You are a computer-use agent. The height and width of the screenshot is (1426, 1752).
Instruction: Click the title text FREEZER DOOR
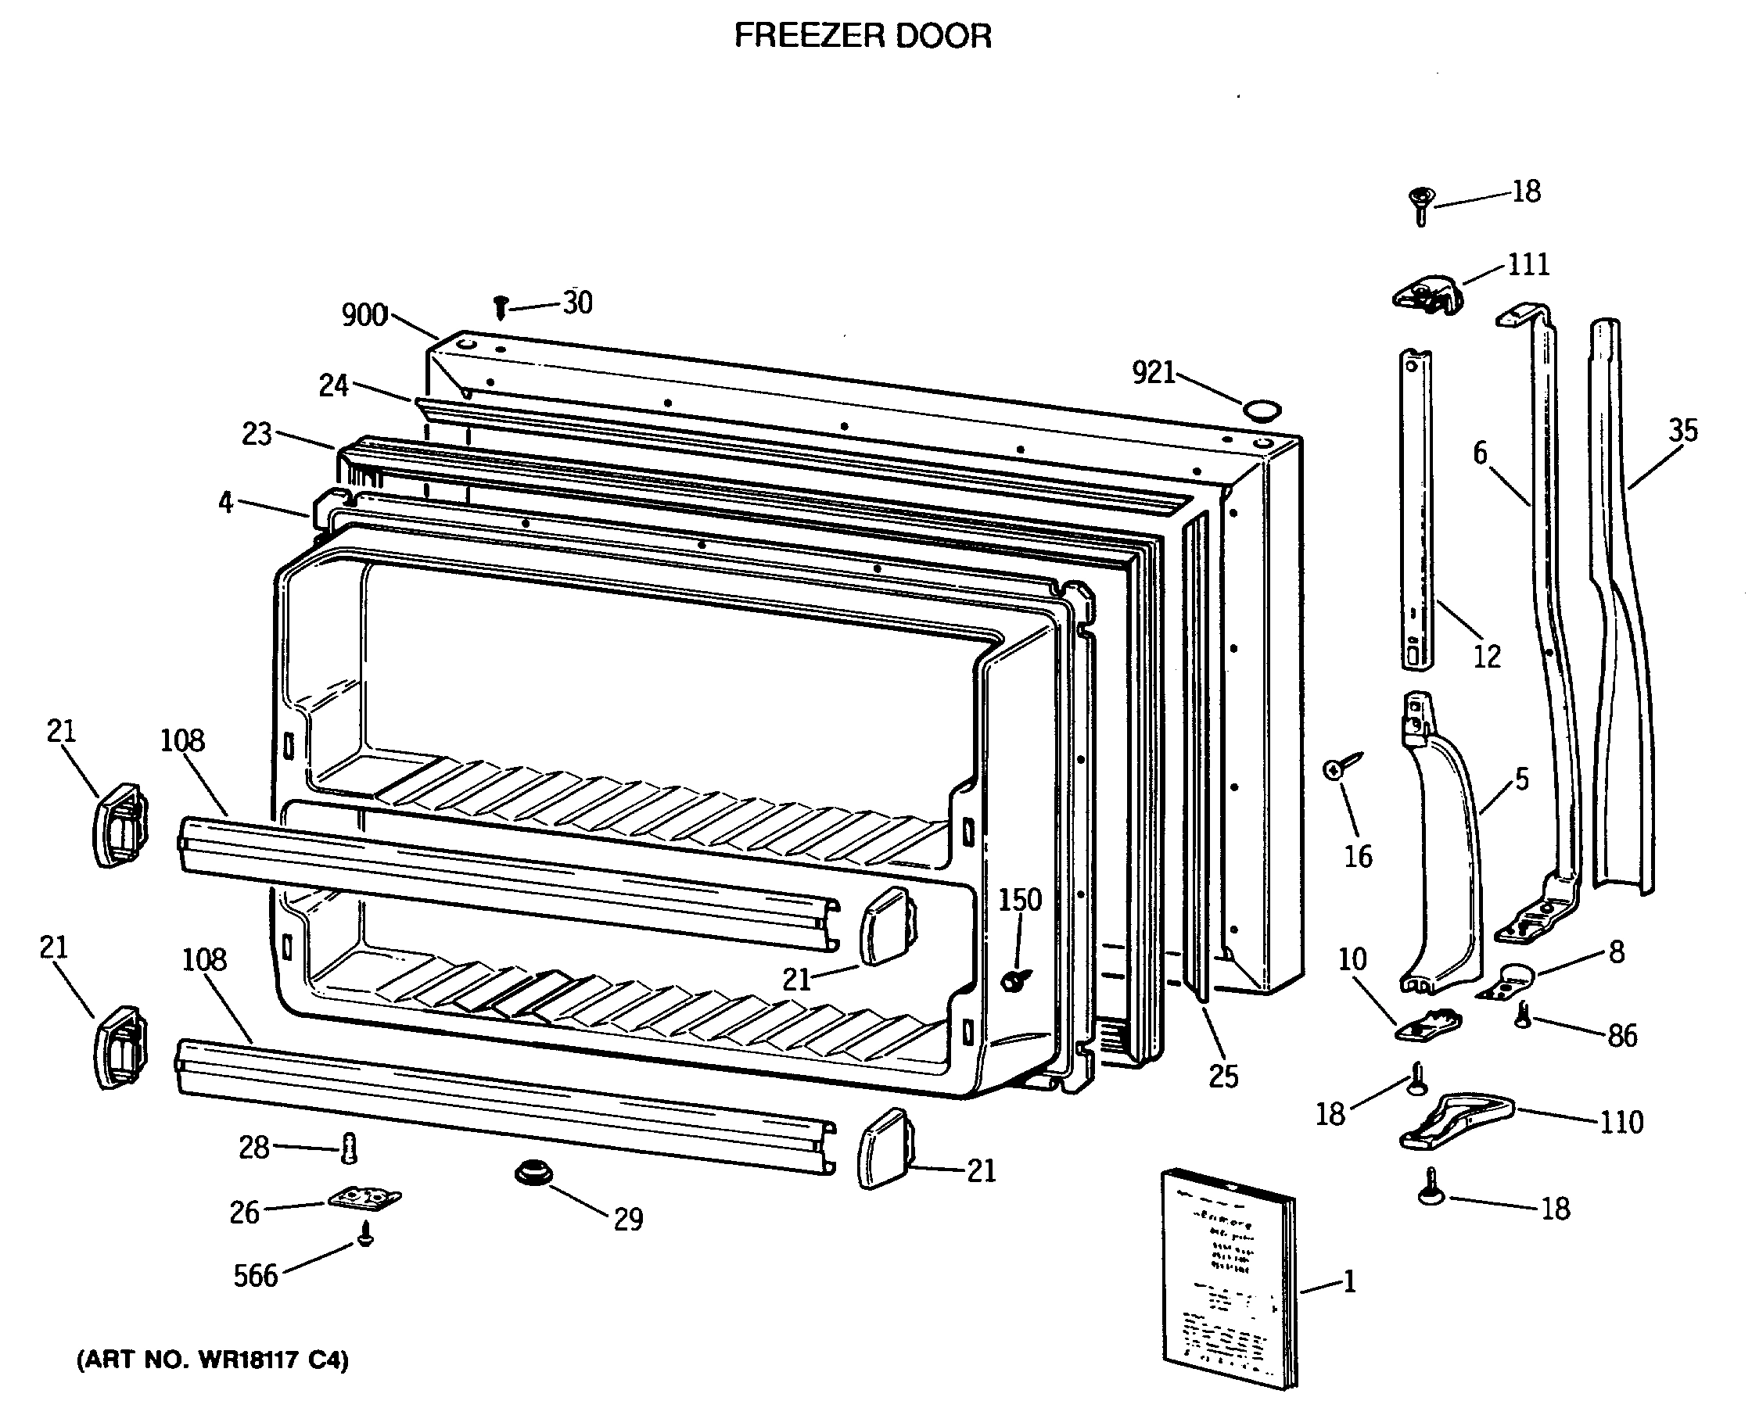click(862, 36)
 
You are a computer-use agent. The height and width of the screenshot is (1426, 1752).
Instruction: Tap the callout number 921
click(1153, 373)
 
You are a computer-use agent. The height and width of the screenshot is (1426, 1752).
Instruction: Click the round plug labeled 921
click(1261, 409)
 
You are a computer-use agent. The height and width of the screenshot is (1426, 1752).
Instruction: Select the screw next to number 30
click(501, 308)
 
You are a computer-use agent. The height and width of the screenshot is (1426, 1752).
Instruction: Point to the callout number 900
click(364, 314)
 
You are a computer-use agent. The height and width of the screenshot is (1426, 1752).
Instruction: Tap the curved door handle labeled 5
click(1443, 855)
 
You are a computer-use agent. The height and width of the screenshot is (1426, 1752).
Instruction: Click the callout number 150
click(1020, 900)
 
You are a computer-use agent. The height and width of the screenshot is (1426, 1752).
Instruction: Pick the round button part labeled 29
click(533, 1172)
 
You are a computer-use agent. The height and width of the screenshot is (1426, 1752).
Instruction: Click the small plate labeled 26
click(364, 1198)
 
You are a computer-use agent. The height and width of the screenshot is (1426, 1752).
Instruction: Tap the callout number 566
click(256, 1276)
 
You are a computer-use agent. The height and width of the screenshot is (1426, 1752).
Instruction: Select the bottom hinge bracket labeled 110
click(1455, 1120)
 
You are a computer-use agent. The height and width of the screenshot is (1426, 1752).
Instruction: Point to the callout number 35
click(1683, 431)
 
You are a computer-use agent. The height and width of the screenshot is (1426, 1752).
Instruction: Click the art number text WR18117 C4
click(213, 1360)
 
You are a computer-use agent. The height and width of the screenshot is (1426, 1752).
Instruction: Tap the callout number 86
click(1622, 1037)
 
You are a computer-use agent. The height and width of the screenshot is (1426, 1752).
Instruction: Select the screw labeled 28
click(348, 1148)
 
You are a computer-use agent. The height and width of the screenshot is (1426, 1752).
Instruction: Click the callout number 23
click(257, 434)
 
